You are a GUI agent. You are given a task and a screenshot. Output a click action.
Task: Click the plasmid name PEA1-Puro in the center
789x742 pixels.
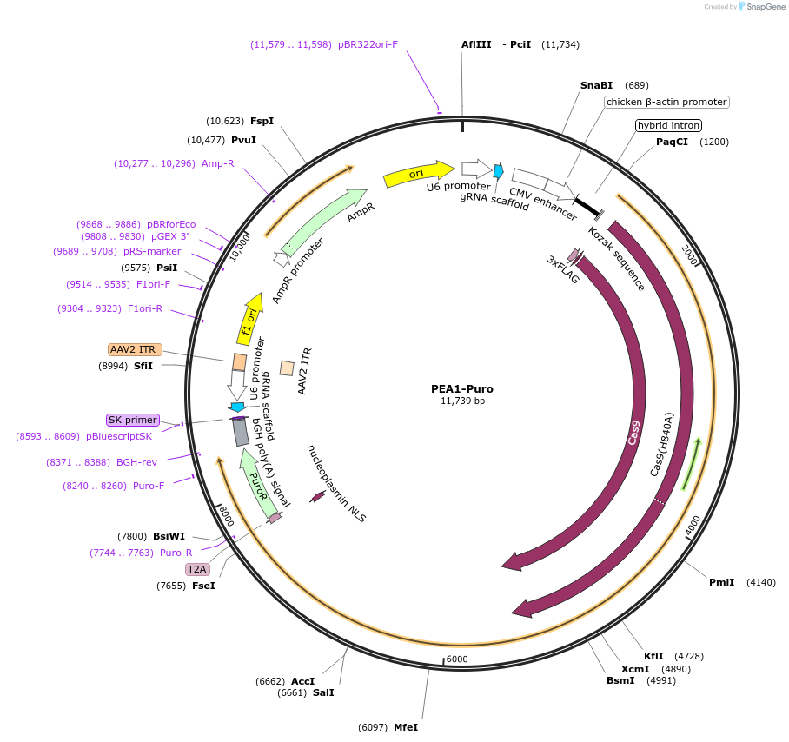[x=462, y=388]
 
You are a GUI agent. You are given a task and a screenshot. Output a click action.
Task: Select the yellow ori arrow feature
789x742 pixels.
[x=418, y=174]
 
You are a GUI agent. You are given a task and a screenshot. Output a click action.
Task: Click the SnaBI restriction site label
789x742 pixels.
[x=596, y=85]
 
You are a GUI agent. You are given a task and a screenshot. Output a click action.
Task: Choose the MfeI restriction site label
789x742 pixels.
[x=406, y=726]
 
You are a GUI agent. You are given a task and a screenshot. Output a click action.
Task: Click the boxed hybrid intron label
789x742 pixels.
[x=668, y=125]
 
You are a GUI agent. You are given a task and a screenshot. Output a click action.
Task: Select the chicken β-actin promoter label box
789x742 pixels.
[x=666, y=102]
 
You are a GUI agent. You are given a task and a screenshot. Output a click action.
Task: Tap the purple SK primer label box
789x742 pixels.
[x=132, y=420]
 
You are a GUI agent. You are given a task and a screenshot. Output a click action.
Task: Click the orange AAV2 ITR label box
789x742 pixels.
[x=133, y=349]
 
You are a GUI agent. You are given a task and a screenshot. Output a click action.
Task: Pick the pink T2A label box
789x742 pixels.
[x=197, y=569]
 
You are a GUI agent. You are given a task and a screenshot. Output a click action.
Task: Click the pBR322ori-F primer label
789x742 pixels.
[x=368, y=44]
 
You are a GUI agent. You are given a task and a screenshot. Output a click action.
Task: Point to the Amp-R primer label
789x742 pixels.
[x=218, y=162]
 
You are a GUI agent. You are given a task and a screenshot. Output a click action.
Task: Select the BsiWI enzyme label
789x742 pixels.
[x=169, y=536]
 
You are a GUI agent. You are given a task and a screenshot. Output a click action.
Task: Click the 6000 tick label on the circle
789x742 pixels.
[x=457, y=659]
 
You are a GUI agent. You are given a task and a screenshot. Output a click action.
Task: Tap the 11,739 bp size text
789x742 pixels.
[x=462, y=401]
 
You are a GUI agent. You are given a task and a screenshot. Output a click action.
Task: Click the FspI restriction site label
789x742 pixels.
[x=262, y=121]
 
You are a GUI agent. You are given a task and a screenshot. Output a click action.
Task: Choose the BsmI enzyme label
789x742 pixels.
[x=620, y=680]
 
